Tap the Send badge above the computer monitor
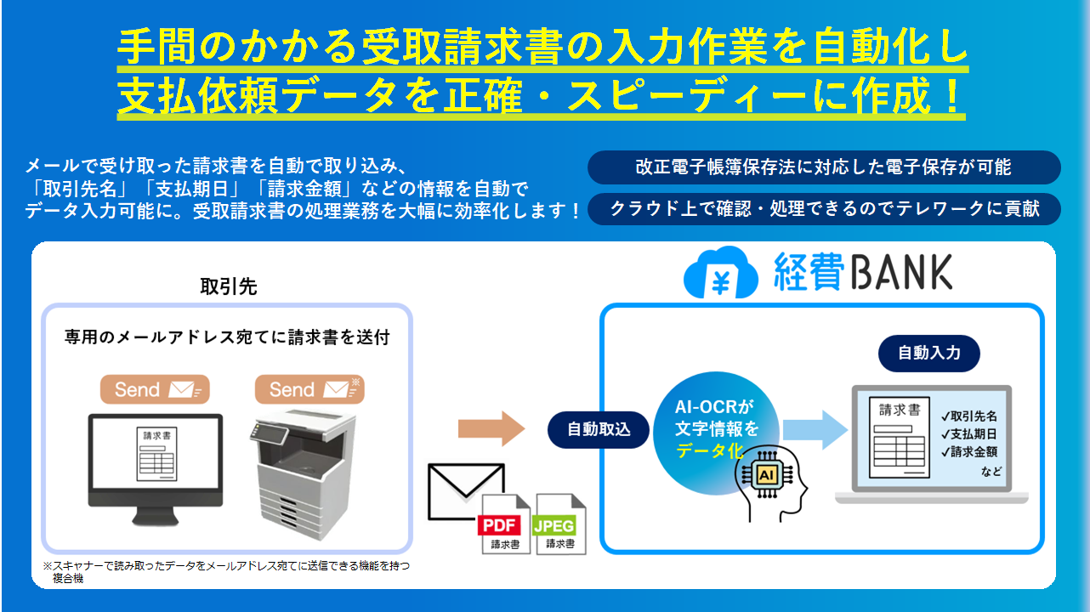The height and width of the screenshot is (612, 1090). point(154,389)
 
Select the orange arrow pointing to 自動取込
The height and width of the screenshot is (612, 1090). point(492,428)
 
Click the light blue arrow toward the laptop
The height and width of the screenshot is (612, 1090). point(815,427)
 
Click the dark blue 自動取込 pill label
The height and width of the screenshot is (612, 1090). point(599,429)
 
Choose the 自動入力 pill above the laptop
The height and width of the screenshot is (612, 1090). point(929,352)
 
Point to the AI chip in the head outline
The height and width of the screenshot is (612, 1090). point(767,473)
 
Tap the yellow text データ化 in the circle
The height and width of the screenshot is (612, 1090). point(709,451)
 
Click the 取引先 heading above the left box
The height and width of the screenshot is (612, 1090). point(228,287)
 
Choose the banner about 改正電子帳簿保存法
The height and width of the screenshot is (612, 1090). point(823,167)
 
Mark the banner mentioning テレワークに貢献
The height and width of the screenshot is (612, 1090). point(823,208)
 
